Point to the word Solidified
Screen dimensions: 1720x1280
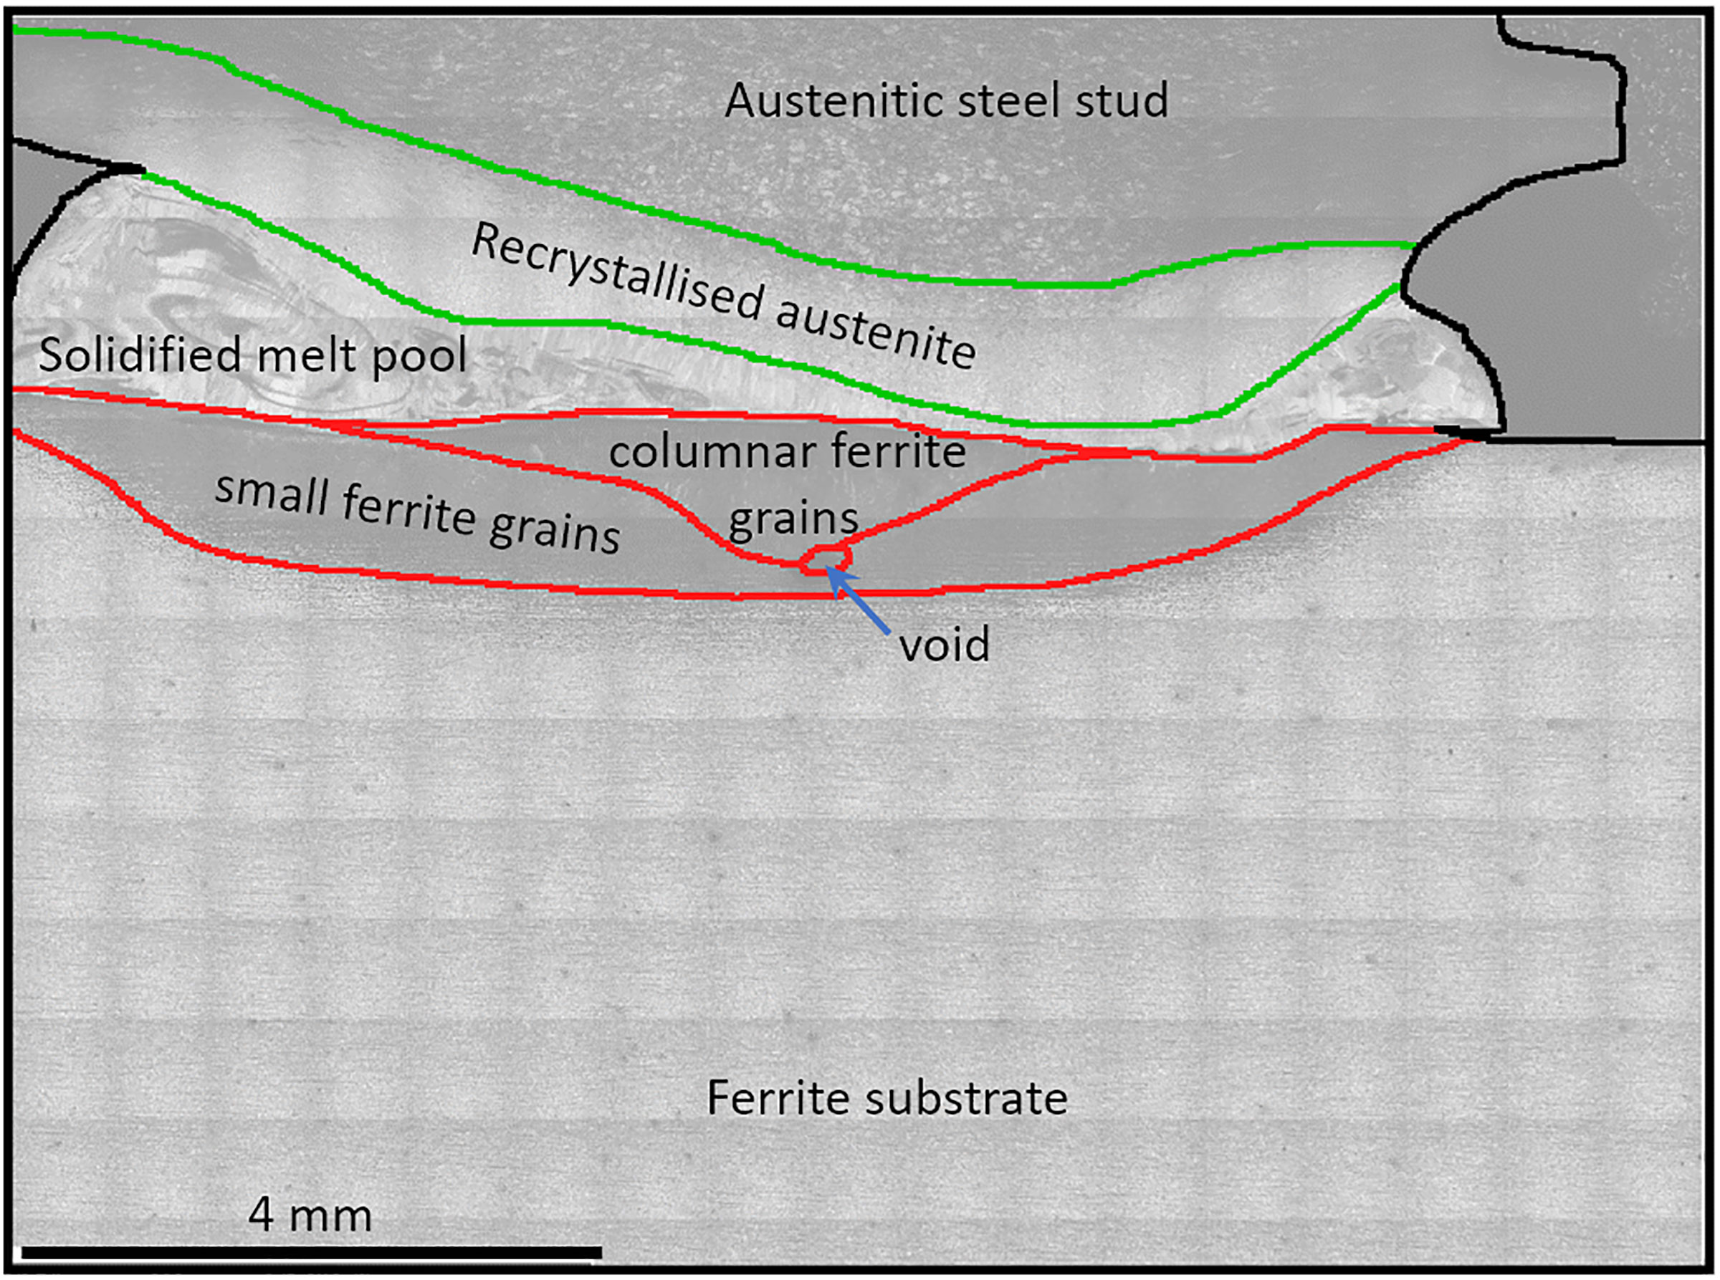click(140, 354)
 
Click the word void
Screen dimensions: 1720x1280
click(944, 644)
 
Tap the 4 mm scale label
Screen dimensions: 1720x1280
click(310, 1215)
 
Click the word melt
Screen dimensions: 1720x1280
click(306, 355)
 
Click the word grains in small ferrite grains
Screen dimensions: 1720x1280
click(554, 530)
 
